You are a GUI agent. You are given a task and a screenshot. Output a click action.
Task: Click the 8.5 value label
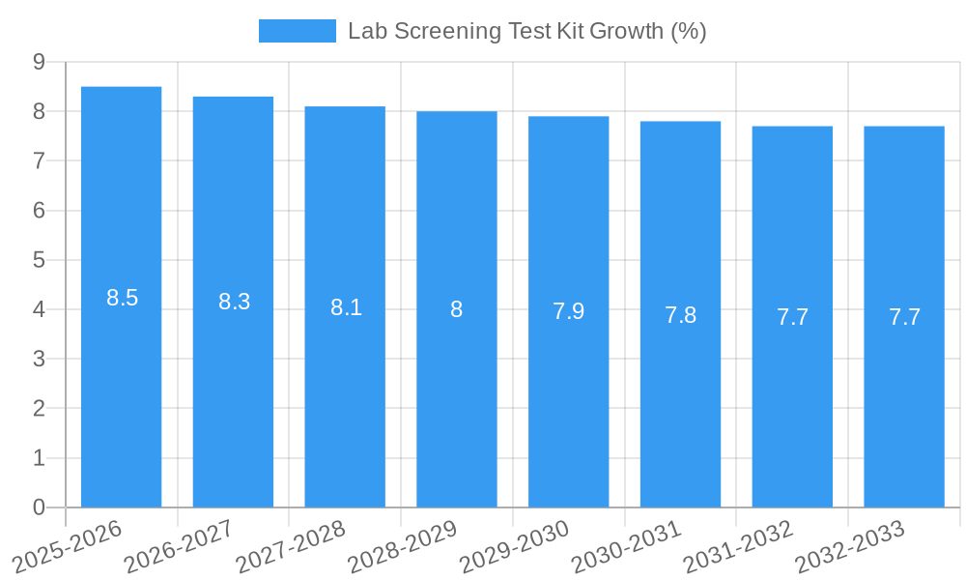(123, 298)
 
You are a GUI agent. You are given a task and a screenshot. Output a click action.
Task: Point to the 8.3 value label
(235, 302)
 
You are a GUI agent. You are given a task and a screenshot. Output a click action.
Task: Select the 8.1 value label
(346, 307)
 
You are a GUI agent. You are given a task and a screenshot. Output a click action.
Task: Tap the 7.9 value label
(568, 311)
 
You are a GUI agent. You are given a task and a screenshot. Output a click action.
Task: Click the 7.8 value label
(680, 315)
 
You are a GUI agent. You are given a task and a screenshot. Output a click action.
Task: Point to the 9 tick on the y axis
(39, 62)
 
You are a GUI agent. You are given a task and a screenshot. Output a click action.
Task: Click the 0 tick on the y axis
(39, 507)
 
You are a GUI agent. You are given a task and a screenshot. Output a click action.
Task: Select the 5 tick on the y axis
(39, 260)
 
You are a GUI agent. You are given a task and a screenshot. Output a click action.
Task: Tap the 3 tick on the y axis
(39, 359)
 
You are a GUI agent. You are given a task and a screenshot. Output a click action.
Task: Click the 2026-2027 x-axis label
(180, 546)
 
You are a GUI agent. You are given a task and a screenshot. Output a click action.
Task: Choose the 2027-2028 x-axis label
(291, 546)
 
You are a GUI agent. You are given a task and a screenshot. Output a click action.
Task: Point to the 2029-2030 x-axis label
(514, 546)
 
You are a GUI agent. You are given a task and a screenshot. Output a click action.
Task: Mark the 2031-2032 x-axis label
(738, 546)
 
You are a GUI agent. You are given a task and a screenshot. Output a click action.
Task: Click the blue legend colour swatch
(297, 31)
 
